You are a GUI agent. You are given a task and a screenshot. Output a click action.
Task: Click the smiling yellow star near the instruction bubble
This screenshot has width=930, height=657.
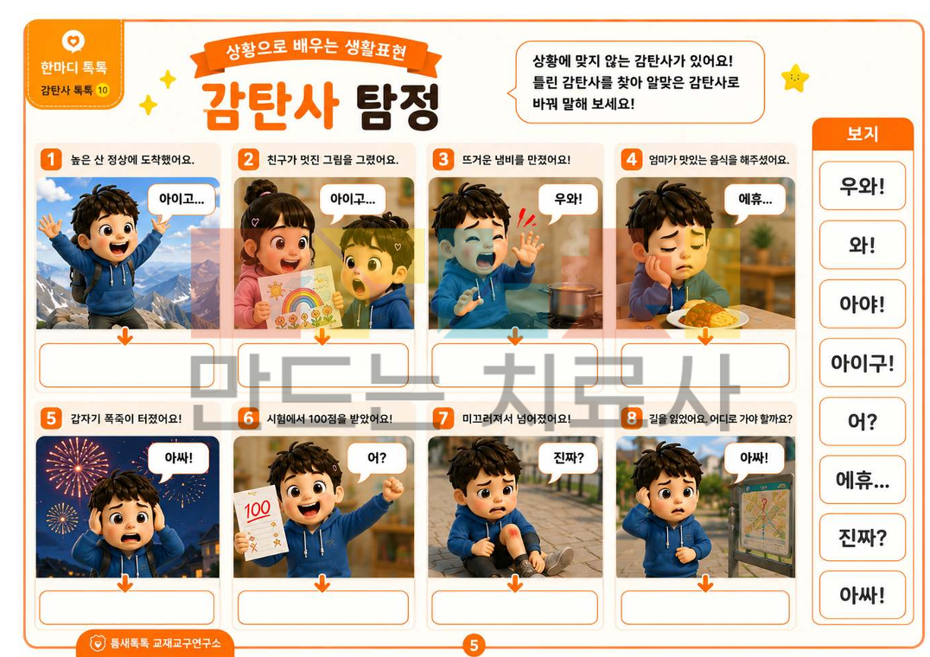pos(795,79)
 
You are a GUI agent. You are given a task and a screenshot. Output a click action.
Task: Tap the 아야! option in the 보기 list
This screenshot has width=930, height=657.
pos(862,303)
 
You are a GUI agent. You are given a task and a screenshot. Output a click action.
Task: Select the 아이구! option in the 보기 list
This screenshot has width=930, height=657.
pos(862,362)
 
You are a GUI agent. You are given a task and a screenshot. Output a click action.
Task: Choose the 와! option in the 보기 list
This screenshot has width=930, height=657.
pos(862,245)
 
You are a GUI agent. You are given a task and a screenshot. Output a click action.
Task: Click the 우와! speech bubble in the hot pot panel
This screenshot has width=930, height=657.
pos(568,200)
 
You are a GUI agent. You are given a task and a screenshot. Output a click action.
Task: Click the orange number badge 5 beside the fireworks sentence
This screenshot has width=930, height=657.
pos(51,418)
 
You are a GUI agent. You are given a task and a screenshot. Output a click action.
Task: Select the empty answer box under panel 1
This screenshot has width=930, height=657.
pos(126,366)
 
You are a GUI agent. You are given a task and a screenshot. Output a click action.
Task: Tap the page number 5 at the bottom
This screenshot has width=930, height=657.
pos(474,645)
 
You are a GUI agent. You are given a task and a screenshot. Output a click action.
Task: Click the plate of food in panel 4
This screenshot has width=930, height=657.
pos(708,316)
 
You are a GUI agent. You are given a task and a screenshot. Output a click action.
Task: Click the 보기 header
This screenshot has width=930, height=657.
pos(862,133)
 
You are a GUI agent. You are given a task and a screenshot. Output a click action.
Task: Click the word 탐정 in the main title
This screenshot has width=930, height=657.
pos(398,106)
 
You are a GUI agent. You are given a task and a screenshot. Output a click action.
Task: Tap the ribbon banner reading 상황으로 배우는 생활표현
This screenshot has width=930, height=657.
pos(316,52)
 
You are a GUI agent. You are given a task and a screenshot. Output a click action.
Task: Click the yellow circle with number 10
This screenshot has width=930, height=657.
pos(103,90)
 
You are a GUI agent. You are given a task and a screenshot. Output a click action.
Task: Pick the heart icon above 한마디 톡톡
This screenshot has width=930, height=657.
pos(73,41)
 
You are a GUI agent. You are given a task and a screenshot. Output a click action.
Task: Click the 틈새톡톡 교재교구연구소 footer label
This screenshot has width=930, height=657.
pos(156,643)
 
